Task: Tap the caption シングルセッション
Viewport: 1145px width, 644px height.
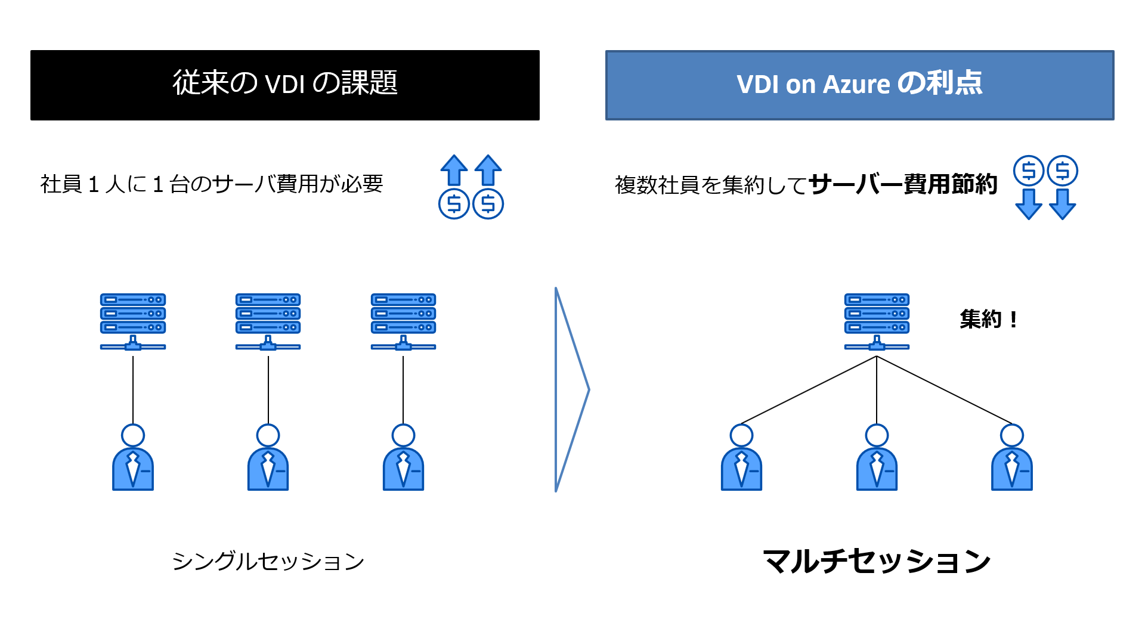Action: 268,561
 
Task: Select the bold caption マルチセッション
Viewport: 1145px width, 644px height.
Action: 876,561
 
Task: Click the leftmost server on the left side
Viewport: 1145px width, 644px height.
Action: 132,321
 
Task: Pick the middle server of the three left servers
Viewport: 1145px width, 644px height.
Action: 268,321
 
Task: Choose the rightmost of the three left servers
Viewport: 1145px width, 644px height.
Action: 403,321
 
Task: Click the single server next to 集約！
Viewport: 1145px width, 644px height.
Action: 876,321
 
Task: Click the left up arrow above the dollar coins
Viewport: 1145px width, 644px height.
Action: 454,171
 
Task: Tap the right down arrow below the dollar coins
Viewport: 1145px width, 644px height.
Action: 1062,204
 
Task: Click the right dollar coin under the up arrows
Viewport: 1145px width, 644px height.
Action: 488,204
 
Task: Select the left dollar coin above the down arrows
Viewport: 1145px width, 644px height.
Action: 1028,171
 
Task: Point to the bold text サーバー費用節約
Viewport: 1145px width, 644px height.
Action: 903,184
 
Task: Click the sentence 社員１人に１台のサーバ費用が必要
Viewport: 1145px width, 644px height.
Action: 211,184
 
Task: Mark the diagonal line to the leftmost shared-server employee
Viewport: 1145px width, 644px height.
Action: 809,390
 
